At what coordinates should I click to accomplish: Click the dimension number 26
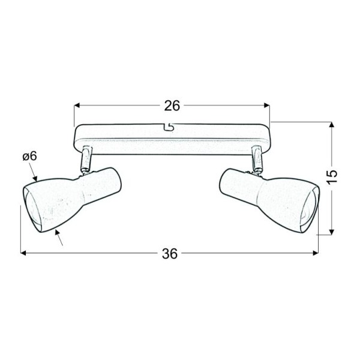pyautogui.click(x=172, y=106)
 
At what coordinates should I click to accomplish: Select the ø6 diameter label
pyautogui.click(x=29, y=157)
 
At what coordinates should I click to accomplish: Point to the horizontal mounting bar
pyautogui.click(x=172, y=139)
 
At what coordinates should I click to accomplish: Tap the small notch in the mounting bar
pyautogui.click(x=170, y=127)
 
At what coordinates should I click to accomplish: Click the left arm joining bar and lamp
pyautogui.click(x=86, y=158)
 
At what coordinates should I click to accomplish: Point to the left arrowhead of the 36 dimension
pyautogui.click(x=24, y=253)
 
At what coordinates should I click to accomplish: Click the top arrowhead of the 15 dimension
pyautogui.click(x=331, y=125)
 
